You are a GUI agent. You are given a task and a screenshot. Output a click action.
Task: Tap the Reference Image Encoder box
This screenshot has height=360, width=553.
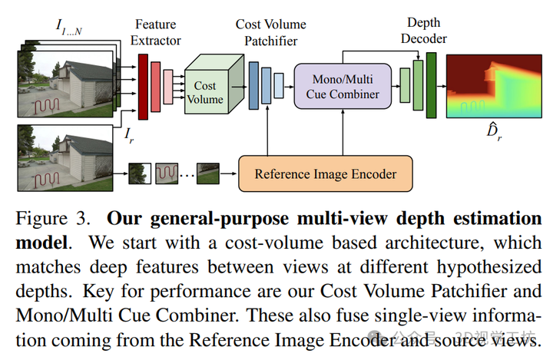[326, 173]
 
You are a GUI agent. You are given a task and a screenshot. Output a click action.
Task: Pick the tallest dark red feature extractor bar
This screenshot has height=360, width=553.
[142, 87]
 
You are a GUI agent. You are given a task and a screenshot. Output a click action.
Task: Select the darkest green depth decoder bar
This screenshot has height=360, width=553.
[432, 85]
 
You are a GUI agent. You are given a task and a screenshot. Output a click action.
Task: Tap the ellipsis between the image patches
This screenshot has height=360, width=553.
[186, 175]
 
